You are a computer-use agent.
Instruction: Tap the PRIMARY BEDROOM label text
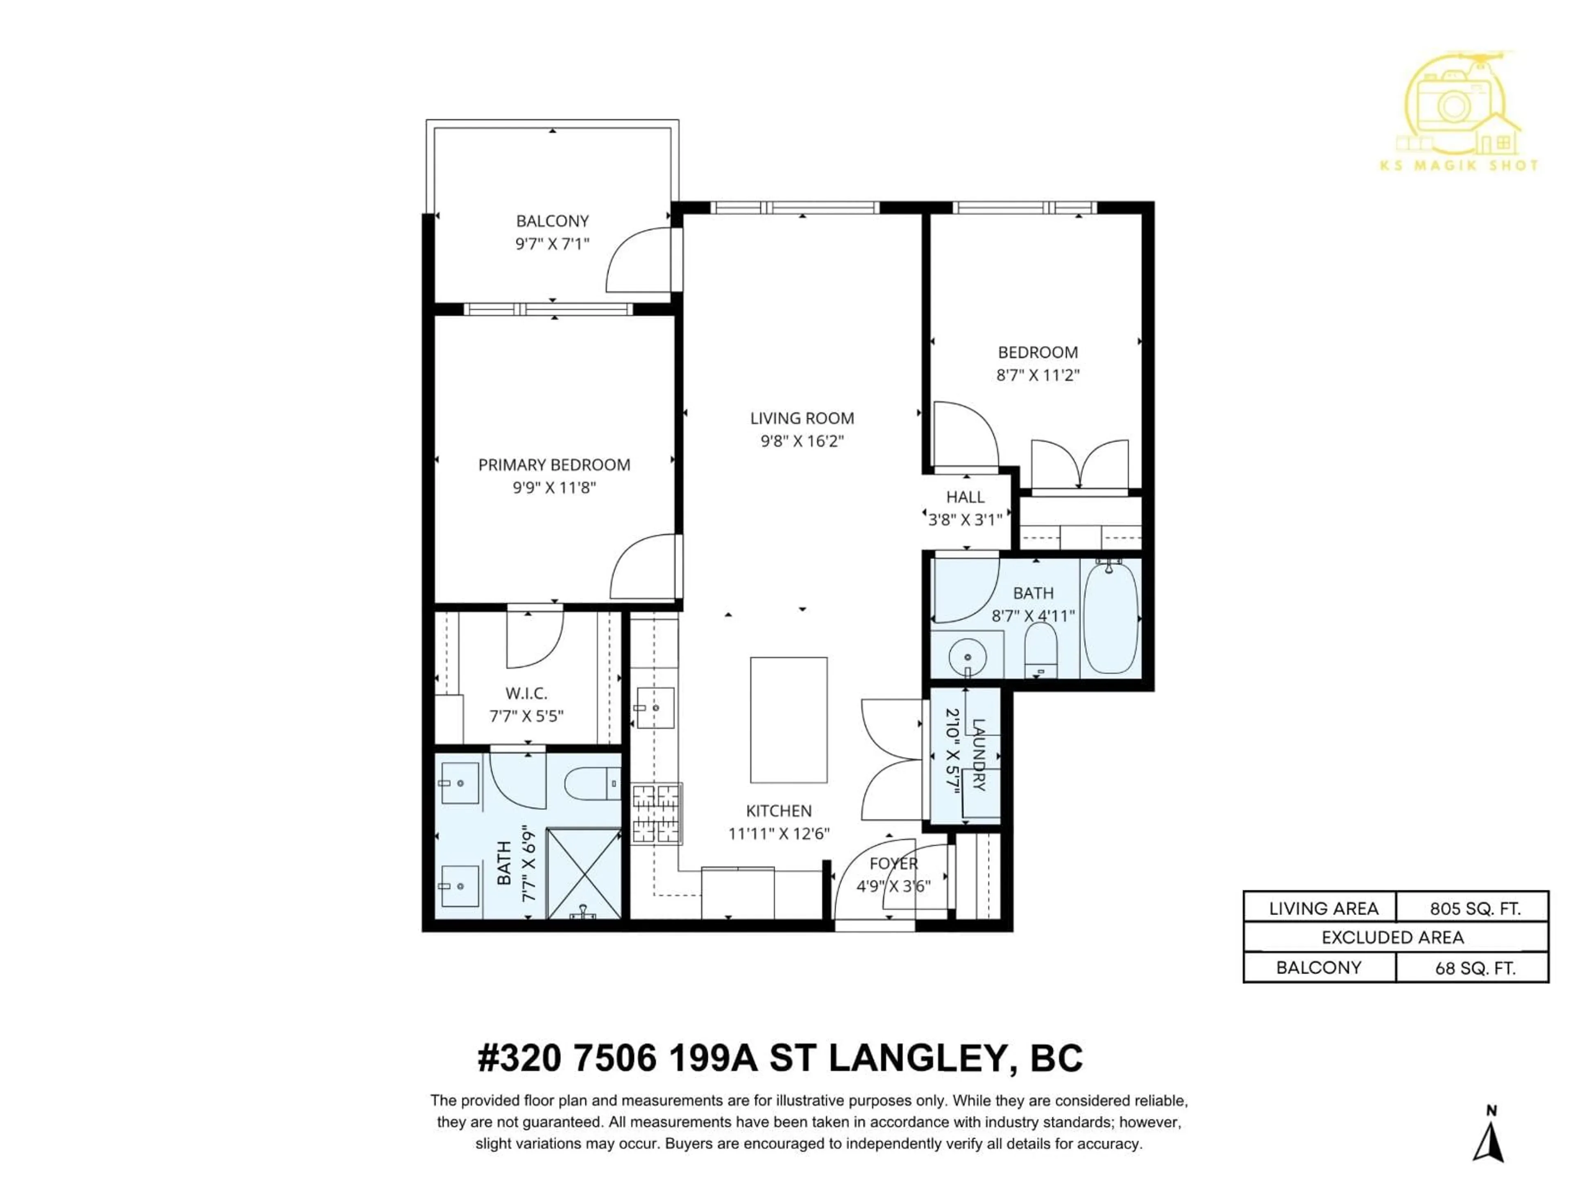coord(554,465)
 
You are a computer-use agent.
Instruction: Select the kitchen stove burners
coord(656,813)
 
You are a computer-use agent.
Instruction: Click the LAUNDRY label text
coord(979,756)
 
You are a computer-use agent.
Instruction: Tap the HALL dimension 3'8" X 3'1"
coord(965,520)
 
